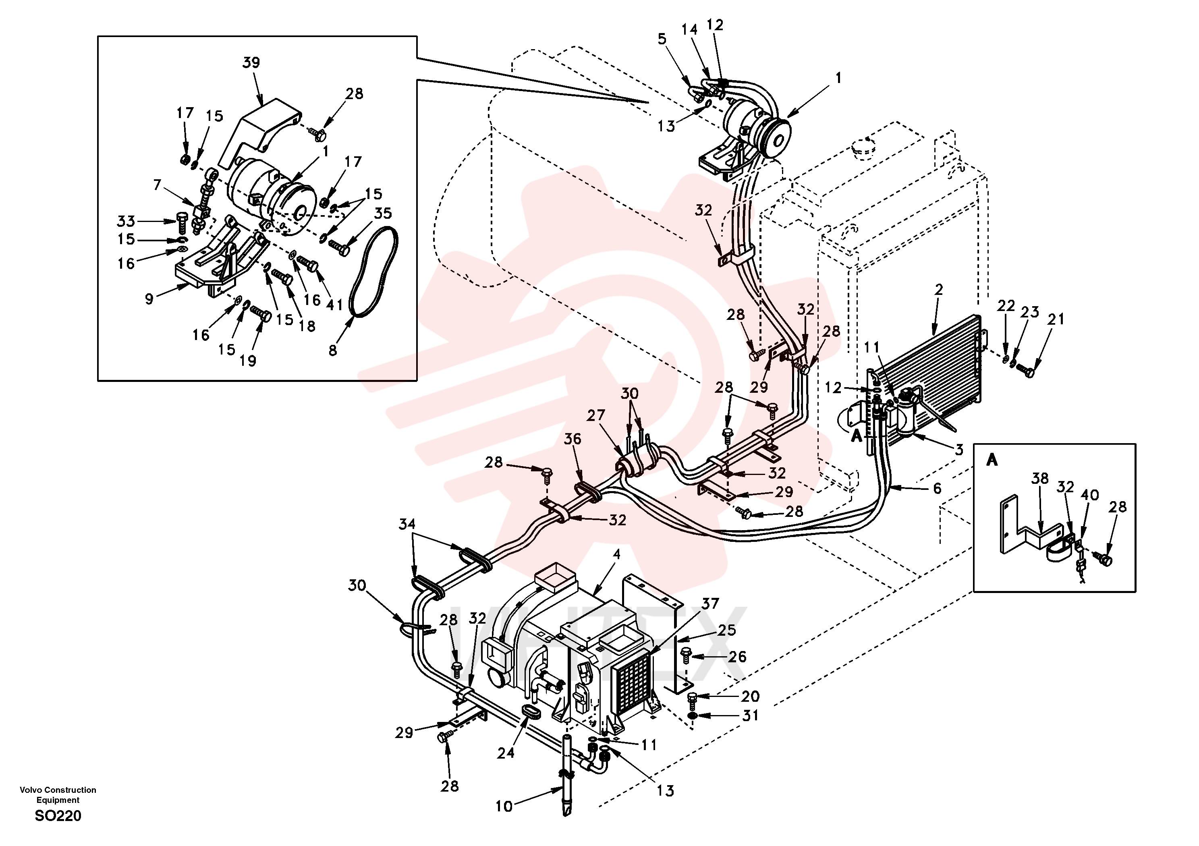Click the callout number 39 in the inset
[251, 63]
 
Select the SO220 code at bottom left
[58, 816]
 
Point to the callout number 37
[710, 604]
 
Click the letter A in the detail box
[992, 460]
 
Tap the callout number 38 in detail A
[1040, 478]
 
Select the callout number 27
[595, 415]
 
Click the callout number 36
[573, 439]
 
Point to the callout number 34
[407, 524]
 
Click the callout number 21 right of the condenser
[1056, 319]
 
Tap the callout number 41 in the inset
[334, 305]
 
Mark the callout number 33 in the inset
[126, 222]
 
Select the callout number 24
[506, 753]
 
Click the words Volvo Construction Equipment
[58, 795]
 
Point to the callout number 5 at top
[662, 39]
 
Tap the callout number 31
[751, 715]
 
